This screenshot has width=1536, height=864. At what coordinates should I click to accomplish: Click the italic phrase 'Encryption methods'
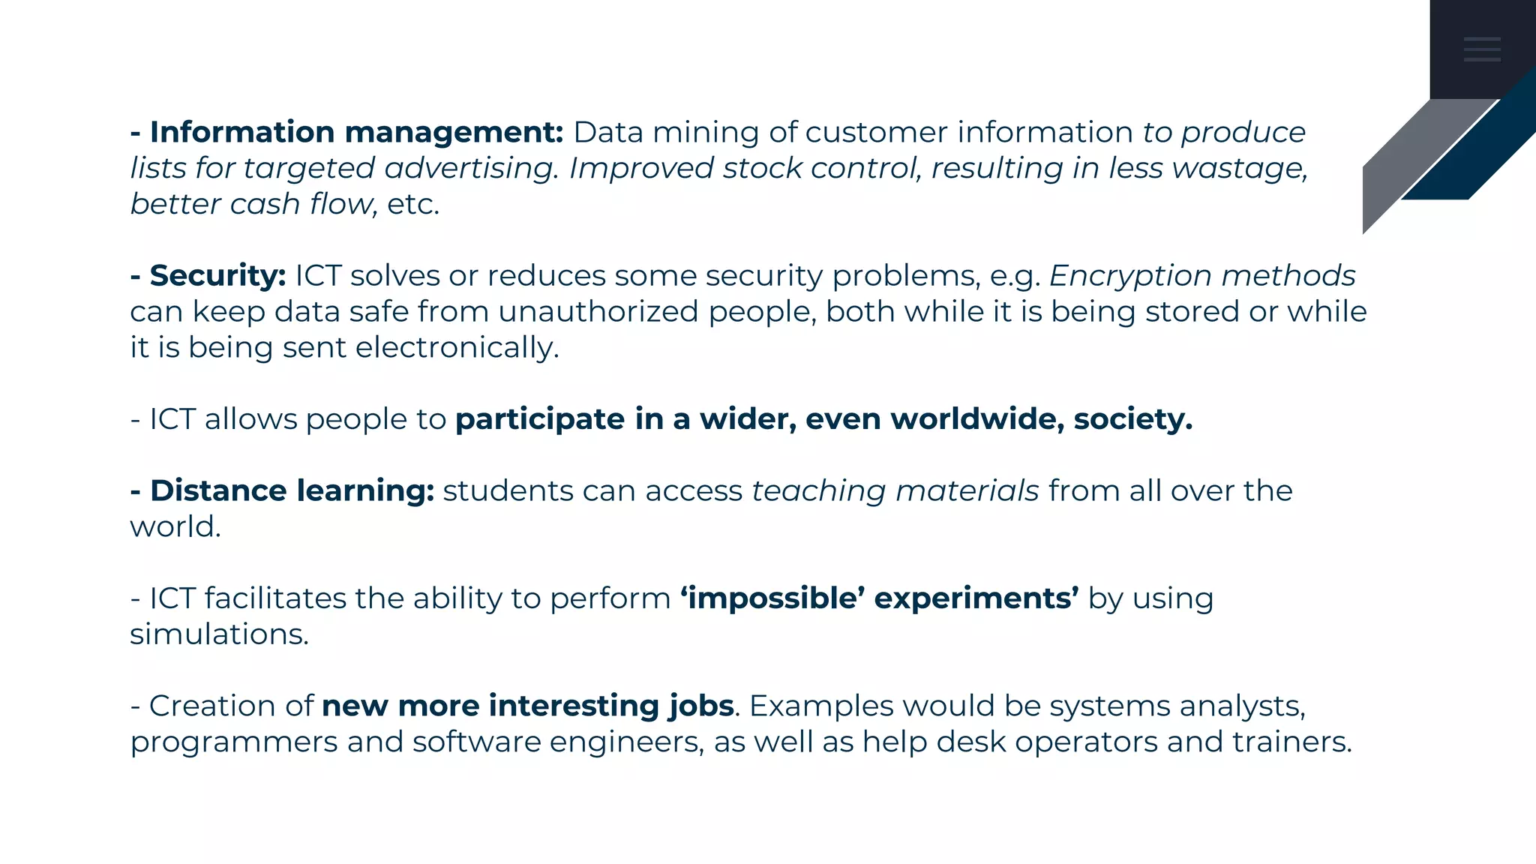click(x=1202, y=276)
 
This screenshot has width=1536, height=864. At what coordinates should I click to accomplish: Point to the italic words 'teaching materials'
click(x=895, y=491)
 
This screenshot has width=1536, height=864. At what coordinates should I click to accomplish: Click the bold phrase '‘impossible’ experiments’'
click(x=880, y=598)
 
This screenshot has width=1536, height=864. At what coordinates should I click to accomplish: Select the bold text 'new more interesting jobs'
click(x=527, y=706)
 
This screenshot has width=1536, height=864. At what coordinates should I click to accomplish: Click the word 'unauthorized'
click(x=598, y=312)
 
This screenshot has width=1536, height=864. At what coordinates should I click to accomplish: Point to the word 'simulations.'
click(x=219, y=634)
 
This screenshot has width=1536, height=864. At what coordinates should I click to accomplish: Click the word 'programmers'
click(x=233, y=742)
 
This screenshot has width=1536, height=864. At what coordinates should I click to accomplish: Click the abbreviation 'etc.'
click(x=413, y=205)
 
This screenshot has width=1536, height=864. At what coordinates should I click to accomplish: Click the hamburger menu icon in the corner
click(x=1482, y=49)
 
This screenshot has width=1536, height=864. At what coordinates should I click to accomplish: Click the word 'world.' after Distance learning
click(x=175, y=527)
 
